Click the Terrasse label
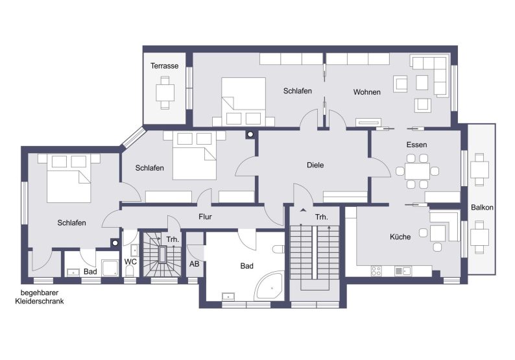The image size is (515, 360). [x=164, y=66]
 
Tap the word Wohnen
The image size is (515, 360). [x=367, y=92]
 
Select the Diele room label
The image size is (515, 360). [x=315, y=165]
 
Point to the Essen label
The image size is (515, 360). [x=416, y=145]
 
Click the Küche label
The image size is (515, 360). [x=400, y=237]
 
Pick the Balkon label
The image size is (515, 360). [x=482, y=208]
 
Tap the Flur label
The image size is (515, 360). [x=205, y=217]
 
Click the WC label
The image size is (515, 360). [x=130, y=262]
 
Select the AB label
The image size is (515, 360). [x=194, y=264]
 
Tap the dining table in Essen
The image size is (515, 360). [x=417, y=171]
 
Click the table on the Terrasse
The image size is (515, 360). [x=165, y=93]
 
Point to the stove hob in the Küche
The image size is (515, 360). [x=376, y=271]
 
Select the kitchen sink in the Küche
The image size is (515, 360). [x=403, y=271]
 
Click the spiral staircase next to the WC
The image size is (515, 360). [x=162, y=254]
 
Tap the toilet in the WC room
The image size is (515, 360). [x=130, y=271]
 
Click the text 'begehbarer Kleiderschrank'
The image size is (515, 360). [x=40, y=297]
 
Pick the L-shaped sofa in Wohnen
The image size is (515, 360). [x=430, y=76]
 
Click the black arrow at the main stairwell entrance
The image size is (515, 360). [x=303, y=210]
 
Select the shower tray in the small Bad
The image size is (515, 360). [x=110, y=268]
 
